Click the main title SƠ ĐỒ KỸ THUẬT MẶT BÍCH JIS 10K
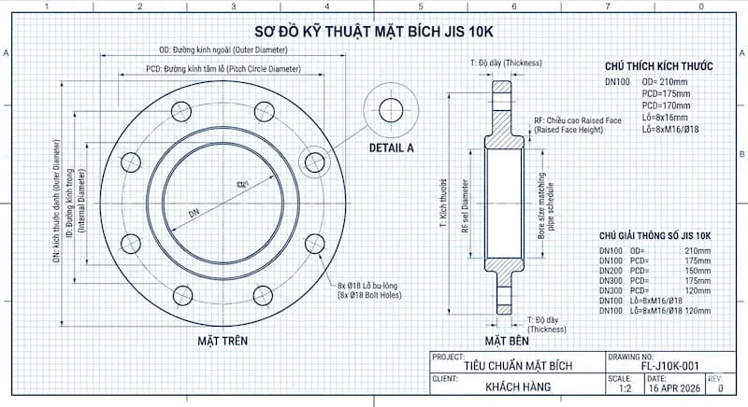(373, 29)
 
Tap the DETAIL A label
(392, 147)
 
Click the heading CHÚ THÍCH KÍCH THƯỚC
(659, 67)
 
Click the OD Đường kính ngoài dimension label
(222, 50)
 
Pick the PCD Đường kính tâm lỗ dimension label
(223, 69)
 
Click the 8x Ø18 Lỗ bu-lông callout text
(371, 284)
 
